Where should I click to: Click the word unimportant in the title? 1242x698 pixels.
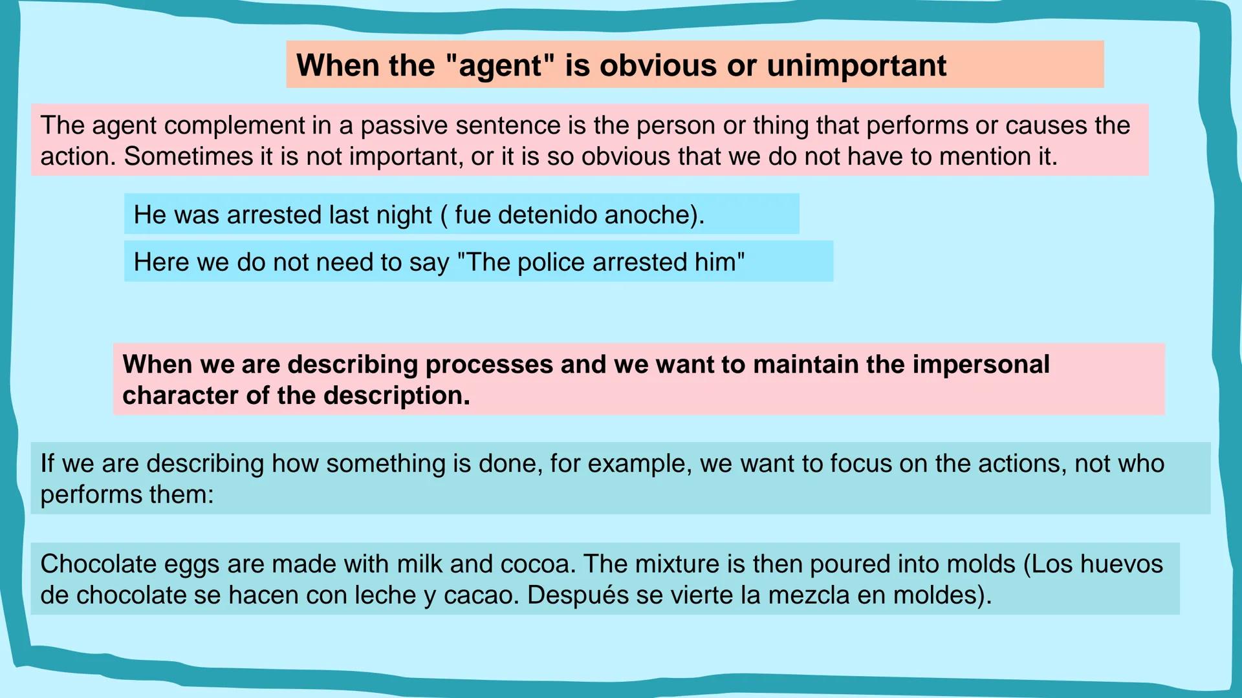click(x=856, y=65)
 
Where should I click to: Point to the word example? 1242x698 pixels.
click(x=638, y=464)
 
